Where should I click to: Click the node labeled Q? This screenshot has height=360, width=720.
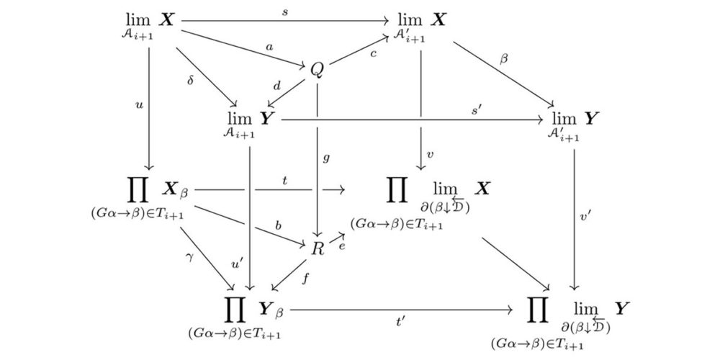(x=318, y=69)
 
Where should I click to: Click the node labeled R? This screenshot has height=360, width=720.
(x=318, y=248)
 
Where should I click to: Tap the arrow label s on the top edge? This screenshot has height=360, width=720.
(x=286, y=13)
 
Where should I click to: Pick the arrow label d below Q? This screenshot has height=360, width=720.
(x=276, y=86)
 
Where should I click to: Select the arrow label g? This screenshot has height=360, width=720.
(x=327, y=157)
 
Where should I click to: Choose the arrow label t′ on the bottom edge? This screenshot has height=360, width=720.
(x=402, y=323)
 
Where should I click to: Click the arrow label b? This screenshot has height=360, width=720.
(x=278, y=226)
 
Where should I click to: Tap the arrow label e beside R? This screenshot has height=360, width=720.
(x=342, y=246)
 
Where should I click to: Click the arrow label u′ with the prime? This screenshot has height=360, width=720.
(x=235, y=265)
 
